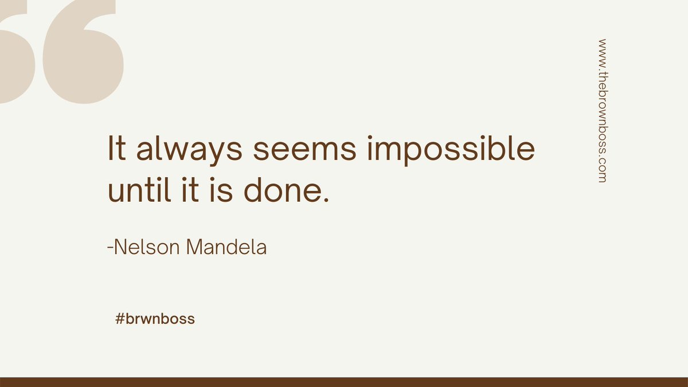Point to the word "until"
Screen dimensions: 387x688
pos(140,191)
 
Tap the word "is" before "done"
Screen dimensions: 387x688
pos(224,191)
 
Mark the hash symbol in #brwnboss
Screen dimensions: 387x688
pos(120,319)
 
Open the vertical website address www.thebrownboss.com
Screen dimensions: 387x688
pos(601,111)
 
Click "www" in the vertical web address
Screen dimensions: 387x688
pos(601,50)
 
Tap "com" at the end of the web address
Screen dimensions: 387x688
pos(601,171)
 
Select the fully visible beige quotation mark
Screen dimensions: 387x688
pos(83,54)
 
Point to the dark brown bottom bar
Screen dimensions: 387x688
pos(344,382)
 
